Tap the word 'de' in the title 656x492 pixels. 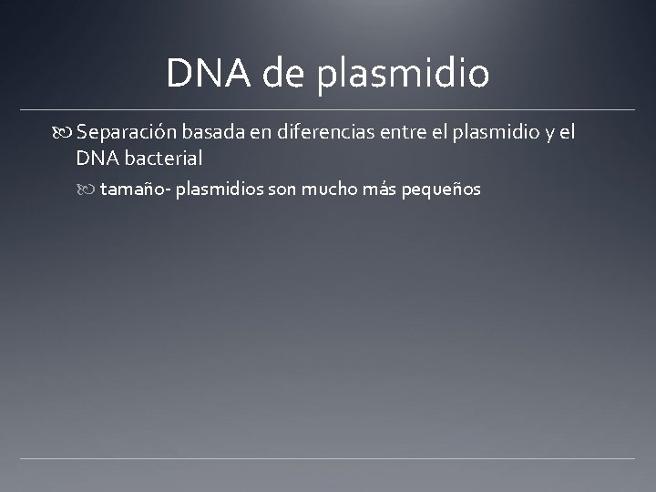(x=284, y=73)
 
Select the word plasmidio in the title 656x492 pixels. (x=404, y=75)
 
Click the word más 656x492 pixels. (x=381, y=190)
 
